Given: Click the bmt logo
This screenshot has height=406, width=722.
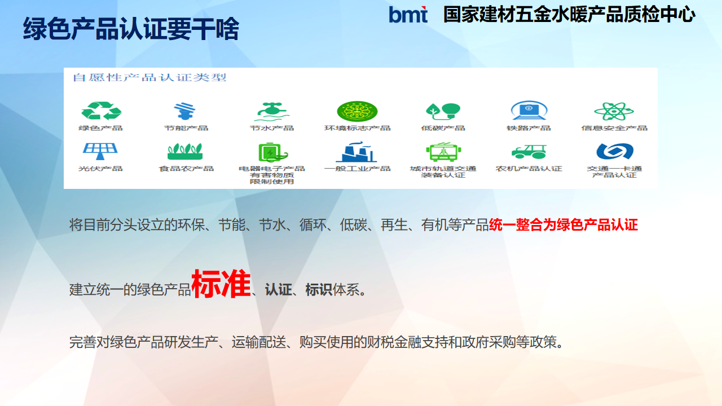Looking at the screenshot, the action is coord(408,15).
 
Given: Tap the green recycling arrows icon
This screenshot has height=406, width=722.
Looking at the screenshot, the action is coord(101,111).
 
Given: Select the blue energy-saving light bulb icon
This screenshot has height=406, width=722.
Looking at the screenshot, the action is coord(184,111).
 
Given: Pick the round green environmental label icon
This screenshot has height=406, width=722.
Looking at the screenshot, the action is coord(357,111).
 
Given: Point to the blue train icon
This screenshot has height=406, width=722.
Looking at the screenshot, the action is coord(529,111).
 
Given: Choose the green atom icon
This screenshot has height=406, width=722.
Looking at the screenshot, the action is coord(614,111).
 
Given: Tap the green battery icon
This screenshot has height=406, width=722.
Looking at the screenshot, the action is coord(272,152).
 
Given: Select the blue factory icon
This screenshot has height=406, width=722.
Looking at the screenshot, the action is coord(356,152).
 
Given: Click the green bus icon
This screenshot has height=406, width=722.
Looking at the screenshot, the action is coord(443,152).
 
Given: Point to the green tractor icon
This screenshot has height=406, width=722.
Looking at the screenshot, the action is coord(529,152).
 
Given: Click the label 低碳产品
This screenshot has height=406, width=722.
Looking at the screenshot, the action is coord(443,128).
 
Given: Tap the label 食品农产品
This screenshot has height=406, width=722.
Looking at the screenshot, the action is coord(186,169).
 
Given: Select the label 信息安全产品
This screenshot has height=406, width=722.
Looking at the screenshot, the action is coord(614,128).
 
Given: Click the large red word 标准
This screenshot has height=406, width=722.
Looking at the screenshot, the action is coord(221,284).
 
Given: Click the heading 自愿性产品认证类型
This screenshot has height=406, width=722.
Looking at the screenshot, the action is coord(149,78).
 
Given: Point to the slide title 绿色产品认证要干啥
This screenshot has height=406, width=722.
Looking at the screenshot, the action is coord(131,29).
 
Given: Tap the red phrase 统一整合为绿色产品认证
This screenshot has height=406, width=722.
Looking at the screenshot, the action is coord(563,224).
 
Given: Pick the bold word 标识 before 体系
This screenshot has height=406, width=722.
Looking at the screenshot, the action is coord(319,289).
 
